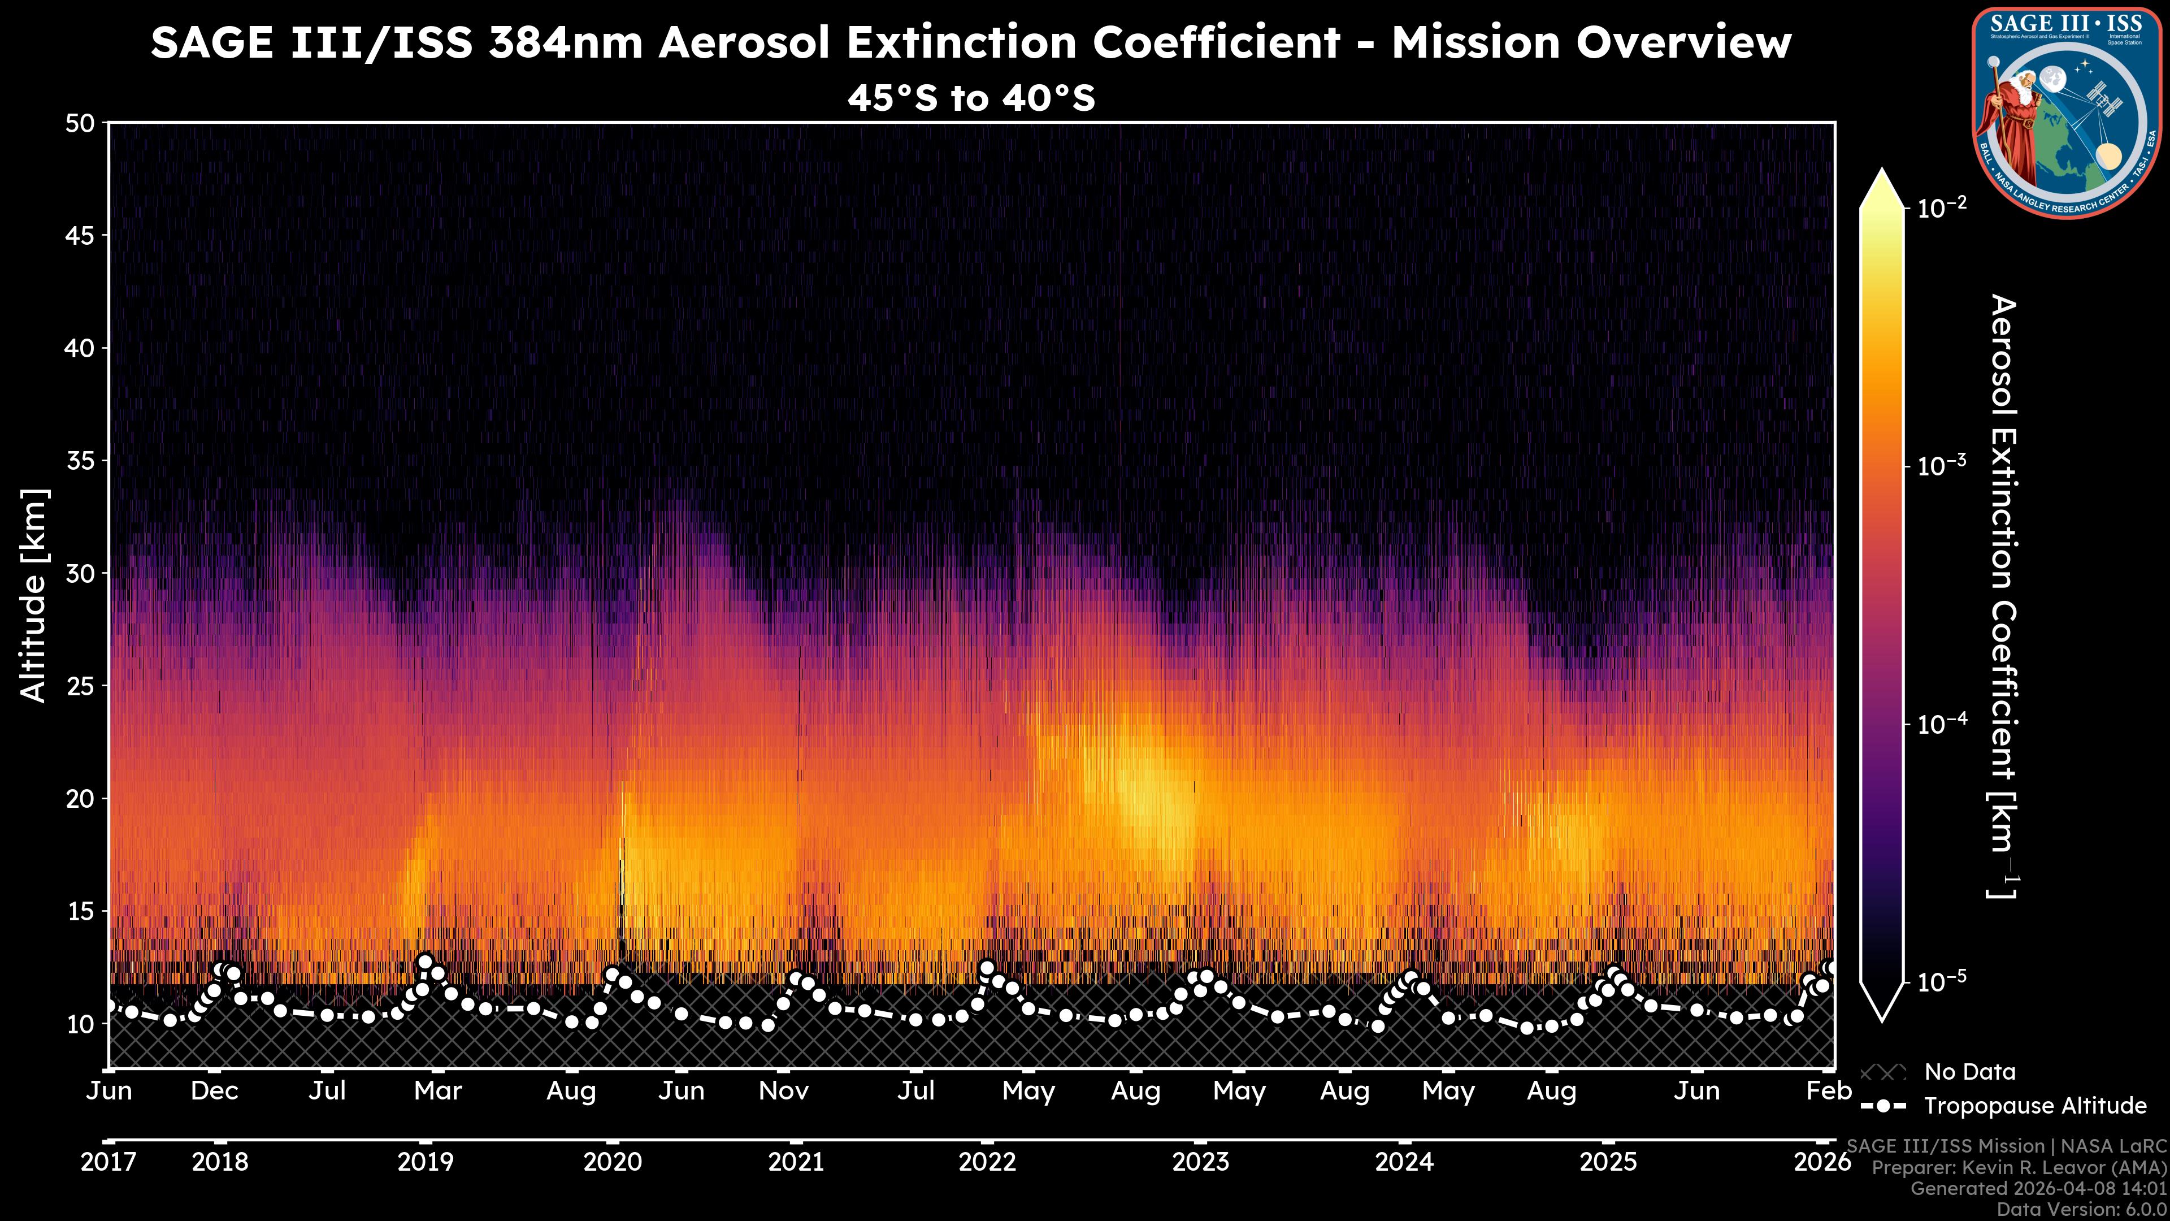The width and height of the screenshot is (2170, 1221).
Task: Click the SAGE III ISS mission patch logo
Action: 2067,113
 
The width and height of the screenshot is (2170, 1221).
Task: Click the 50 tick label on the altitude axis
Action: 80,124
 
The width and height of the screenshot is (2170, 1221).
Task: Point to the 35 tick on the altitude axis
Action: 80,461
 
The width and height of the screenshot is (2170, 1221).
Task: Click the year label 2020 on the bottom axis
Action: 613,1163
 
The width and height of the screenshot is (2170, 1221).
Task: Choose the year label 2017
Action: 108,1163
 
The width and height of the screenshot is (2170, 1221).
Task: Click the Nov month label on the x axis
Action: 783,1091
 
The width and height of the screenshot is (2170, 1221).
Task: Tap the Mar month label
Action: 438,1091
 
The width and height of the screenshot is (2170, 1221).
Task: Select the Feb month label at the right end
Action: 1829,1091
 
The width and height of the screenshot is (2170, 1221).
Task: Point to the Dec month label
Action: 215,1091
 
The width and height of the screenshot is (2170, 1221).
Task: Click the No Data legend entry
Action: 1969,1072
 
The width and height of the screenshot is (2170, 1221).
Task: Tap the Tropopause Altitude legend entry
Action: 2034,1106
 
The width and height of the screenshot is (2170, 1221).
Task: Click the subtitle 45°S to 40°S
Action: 971,98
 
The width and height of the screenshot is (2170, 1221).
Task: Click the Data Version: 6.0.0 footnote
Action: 2082,1209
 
